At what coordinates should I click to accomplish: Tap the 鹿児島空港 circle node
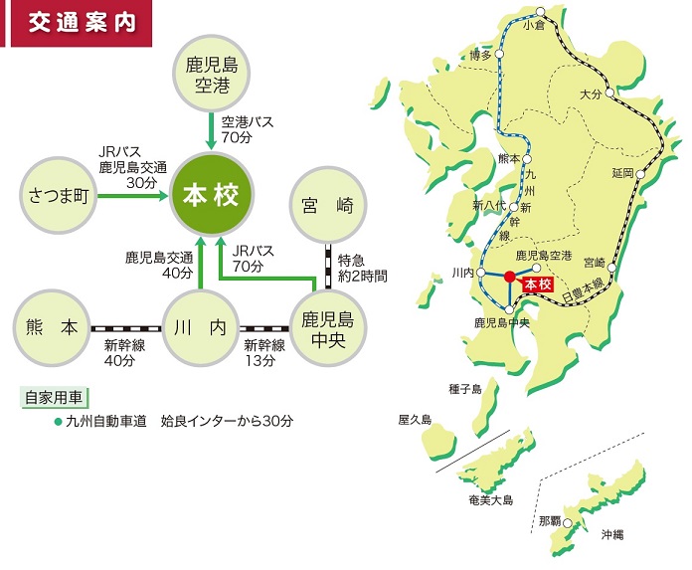click(x=211, y=76)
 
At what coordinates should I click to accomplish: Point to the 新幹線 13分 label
click(x=264, y=353)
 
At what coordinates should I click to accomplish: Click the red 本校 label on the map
click(x=537, y=285)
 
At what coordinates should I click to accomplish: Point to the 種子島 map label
click(x=466, y=389)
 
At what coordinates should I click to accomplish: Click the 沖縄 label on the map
click(x=612, y=535)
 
